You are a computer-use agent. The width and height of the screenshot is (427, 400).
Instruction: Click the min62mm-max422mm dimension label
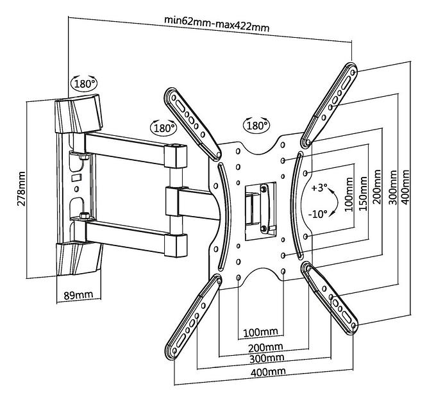216,26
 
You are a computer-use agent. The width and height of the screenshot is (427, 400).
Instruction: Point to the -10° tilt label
319,215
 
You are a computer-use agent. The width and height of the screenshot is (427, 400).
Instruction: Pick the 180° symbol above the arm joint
164,127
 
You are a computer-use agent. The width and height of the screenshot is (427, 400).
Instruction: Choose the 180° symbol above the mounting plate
257,125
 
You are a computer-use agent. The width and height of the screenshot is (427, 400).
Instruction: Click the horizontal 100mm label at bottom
260,333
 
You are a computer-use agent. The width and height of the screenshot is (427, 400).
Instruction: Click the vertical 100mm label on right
348,204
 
